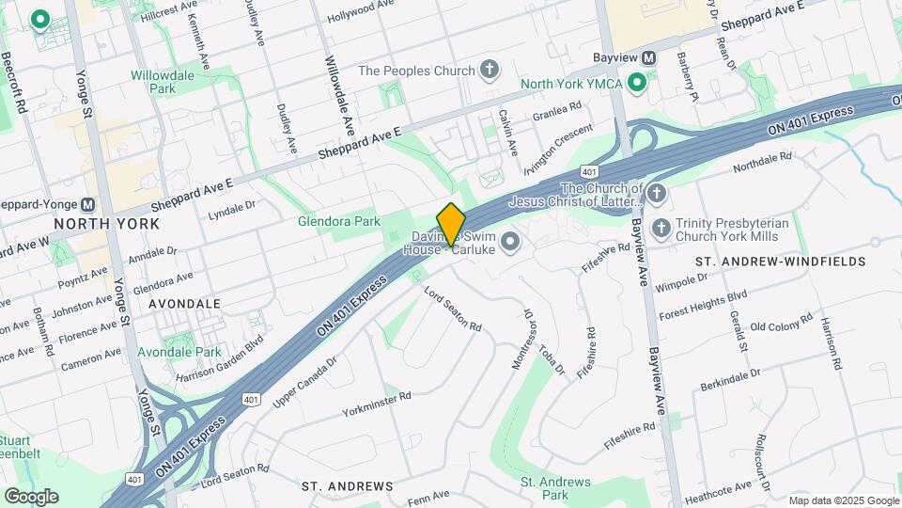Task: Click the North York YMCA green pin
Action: [x=636, y=84]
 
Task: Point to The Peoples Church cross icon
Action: [x=488, y=70]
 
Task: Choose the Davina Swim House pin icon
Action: [x=510, y=243]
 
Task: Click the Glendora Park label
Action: [x=338, y=221]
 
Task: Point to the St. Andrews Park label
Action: [x=556, y=488]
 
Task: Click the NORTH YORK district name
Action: [x=106, y=224]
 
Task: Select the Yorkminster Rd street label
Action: [x=377, y=404]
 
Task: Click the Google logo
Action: [x=31, y=497]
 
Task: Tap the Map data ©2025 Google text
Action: [x=843, y=500]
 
